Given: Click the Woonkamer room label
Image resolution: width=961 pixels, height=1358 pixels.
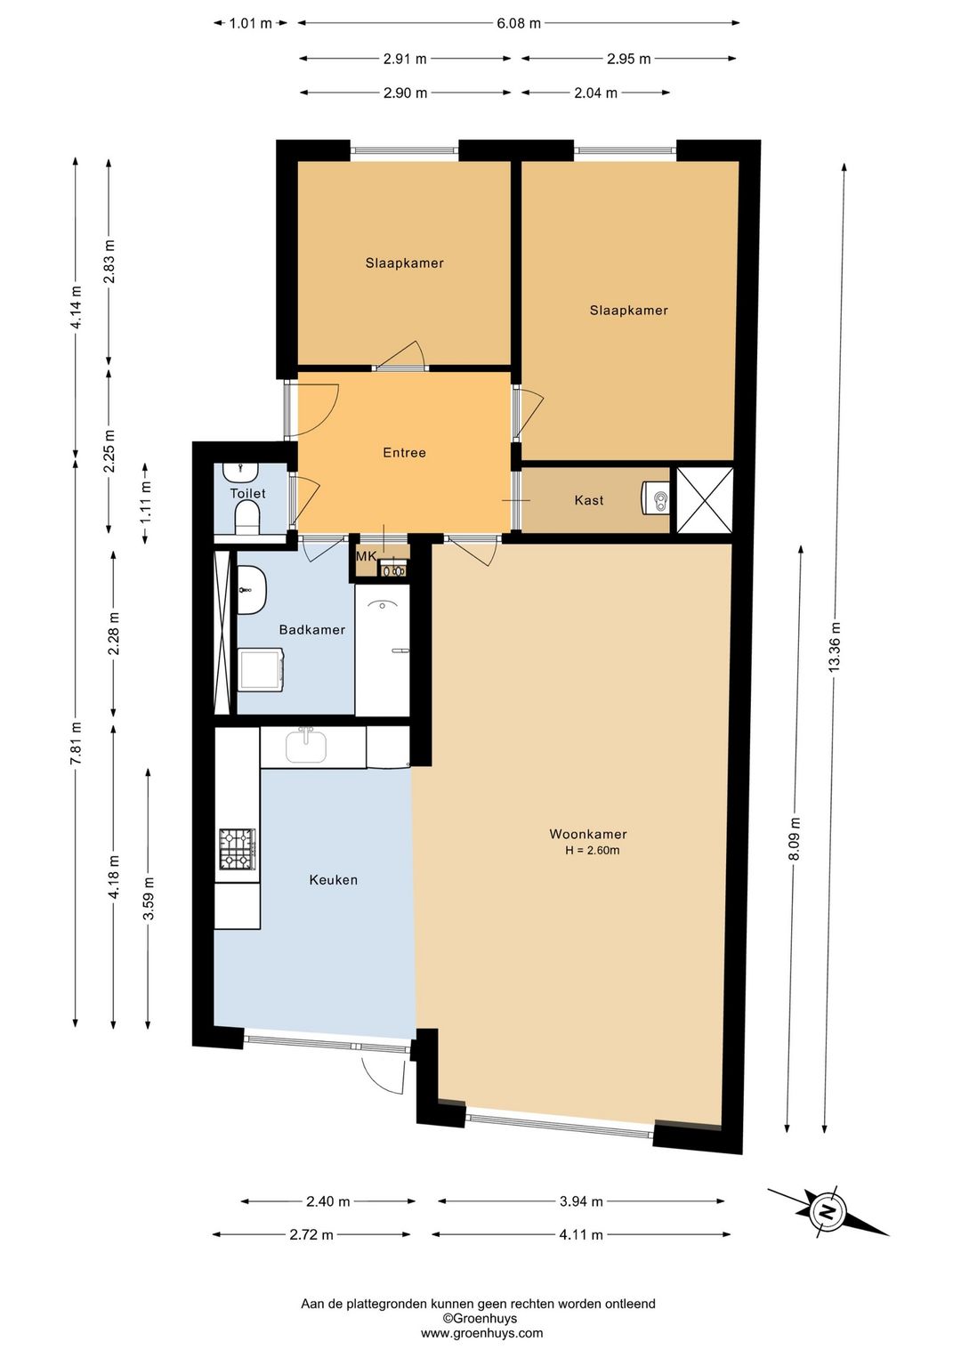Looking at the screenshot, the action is click(587, 834).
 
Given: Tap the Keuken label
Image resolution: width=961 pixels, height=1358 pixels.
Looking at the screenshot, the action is click(333, 879).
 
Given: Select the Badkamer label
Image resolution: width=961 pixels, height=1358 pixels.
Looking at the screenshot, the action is click(311, 630).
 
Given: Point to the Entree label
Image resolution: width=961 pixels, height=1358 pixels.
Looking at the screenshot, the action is click(404, 452).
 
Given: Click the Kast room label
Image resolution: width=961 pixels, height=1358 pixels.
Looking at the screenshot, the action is click(589, 500).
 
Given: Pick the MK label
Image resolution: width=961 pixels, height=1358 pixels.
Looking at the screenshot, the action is click(367, 556).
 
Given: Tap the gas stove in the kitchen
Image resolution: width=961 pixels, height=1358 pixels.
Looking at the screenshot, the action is click(238, 849).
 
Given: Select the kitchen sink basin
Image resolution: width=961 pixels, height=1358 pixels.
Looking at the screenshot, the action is click(306, 745).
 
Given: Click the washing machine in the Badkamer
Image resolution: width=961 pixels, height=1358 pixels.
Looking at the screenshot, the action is click(262, 669).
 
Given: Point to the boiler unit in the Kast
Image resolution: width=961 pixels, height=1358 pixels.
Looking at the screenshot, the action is click(656, 499).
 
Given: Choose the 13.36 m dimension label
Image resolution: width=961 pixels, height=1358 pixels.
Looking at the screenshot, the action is click(835, 646).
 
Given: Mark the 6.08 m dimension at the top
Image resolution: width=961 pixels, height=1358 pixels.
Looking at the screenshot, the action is click(519, 24).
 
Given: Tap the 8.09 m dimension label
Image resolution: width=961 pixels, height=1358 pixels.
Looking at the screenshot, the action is click(795, 838).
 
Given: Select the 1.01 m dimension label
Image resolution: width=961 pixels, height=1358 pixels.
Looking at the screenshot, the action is click(250, 24).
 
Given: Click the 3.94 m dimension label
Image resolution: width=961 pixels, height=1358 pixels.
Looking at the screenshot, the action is click(581, 1201).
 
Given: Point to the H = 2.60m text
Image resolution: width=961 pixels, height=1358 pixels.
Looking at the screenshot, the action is click(593, 850).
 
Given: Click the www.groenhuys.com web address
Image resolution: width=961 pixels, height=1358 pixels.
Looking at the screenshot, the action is click(482, 1332).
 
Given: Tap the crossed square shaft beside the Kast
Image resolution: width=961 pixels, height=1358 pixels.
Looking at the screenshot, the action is click(704, 500).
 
